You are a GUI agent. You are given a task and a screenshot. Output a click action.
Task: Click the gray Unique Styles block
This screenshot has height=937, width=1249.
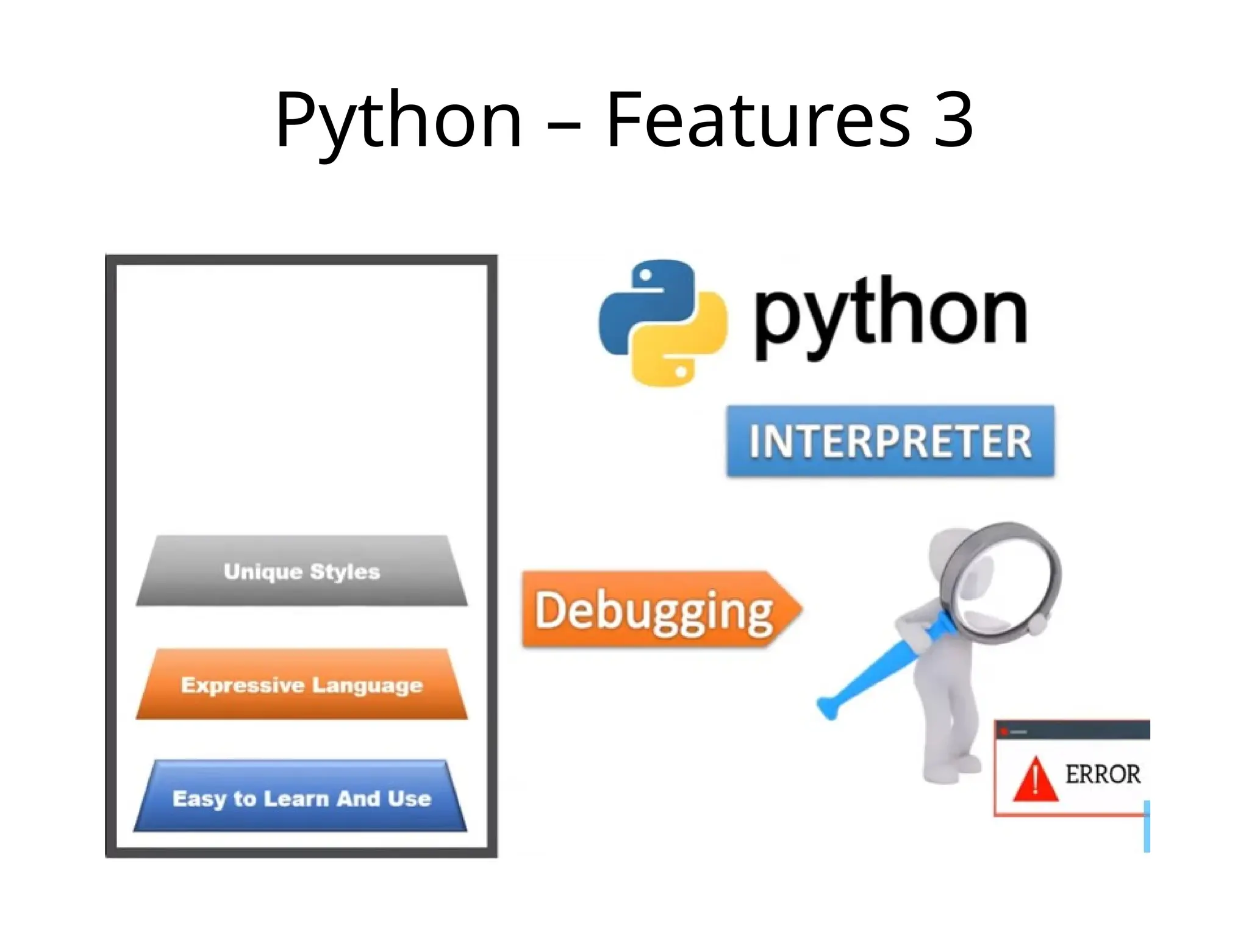[302, 572]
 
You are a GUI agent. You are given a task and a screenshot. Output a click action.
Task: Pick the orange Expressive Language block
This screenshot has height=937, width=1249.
[302, 684]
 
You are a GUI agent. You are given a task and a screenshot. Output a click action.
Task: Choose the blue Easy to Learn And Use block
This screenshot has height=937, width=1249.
[302, 798]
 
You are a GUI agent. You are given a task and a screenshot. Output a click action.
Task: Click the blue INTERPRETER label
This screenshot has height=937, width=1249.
[890, 441]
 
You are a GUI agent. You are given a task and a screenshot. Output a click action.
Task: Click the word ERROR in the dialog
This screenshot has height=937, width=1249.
[1103, 774]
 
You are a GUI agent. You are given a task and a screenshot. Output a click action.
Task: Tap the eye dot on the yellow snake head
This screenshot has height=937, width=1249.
[681, 370]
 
